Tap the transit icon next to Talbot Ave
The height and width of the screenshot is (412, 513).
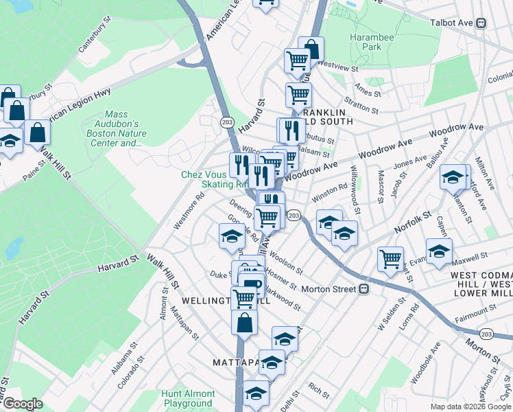[481, 23]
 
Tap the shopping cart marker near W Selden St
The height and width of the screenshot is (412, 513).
[390, 259]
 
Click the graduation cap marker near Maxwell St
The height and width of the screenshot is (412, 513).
[439, 251]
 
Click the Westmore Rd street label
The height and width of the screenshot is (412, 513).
[180, 213]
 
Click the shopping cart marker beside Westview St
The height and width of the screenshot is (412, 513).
[297, 60]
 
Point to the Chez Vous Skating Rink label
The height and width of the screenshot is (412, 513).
[214, 179]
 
